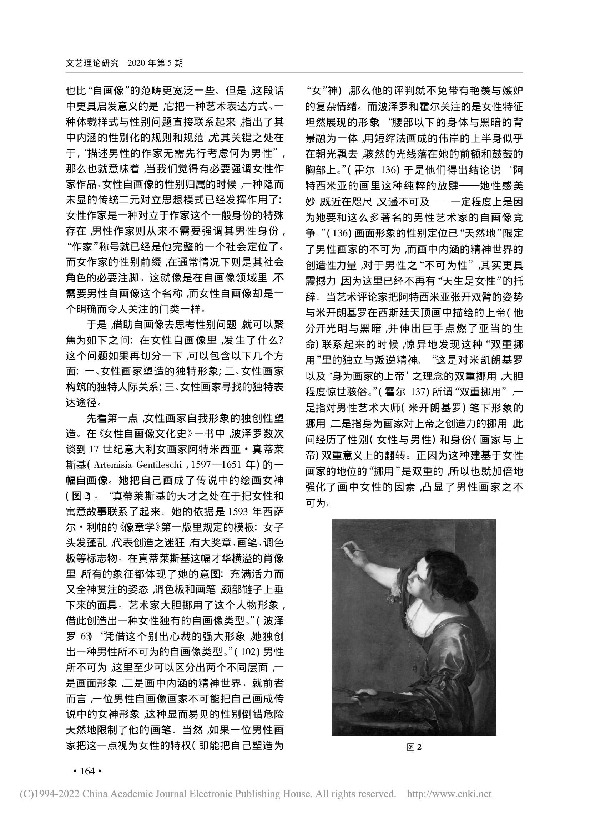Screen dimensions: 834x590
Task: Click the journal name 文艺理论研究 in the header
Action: pos(92,63)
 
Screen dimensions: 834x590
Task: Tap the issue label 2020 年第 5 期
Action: pos(156,63)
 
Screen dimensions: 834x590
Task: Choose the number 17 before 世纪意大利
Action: pos(94,449)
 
